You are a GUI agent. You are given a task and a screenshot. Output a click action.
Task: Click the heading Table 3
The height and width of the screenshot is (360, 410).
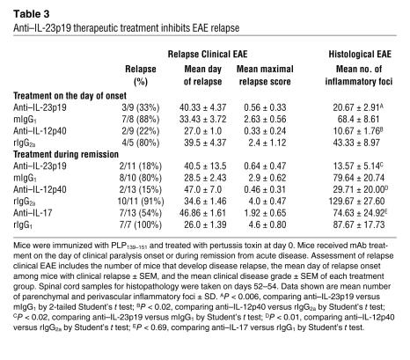click(x=32, y=14)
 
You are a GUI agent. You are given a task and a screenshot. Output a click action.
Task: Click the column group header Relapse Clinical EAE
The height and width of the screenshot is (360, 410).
click(x=208, y=55)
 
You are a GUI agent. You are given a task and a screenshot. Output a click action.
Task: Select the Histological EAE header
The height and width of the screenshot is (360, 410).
click(x=360, y=55)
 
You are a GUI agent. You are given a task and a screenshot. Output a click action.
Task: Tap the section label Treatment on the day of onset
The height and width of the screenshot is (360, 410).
click(x=70, y=96)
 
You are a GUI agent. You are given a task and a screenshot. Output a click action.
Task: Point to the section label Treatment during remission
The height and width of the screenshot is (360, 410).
click(x=66, y=154)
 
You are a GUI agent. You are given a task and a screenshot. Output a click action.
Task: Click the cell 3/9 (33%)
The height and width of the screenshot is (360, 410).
click(x=141, y=107)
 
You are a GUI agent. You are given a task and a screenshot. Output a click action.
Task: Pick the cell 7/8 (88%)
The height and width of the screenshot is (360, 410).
click(x=141, y=120)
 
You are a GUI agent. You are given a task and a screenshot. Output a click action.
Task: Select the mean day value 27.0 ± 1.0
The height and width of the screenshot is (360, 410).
click(x=203, y=131)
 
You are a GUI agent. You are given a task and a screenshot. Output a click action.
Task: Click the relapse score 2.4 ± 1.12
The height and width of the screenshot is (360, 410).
click(x=267, y=143)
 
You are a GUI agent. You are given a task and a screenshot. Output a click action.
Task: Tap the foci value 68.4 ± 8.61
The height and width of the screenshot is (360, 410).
click(x=358, y=120)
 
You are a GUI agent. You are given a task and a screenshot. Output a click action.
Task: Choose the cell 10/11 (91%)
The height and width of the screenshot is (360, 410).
click(x=141, y=202)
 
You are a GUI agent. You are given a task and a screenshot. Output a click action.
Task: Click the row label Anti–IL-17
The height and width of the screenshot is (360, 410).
click(x=33, y=213)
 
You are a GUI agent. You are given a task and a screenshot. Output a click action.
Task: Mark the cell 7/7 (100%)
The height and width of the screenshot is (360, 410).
click(x=141, y=224)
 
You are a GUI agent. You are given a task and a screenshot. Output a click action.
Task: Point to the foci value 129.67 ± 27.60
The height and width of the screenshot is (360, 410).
click(x=356, y=202)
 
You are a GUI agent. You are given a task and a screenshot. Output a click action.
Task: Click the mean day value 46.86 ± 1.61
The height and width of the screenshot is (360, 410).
click(x=202, y=213)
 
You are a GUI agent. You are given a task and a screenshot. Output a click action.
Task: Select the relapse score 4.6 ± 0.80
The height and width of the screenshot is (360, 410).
click(x=267, y=224)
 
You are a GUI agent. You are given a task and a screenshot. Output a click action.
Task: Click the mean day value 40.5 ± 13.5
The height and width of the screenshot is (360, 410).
click(x=205, y=166)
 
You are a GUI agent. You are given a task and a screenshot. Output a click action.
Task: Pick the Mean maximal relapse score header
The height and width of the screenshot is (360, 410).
click(x=265, y=75)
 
